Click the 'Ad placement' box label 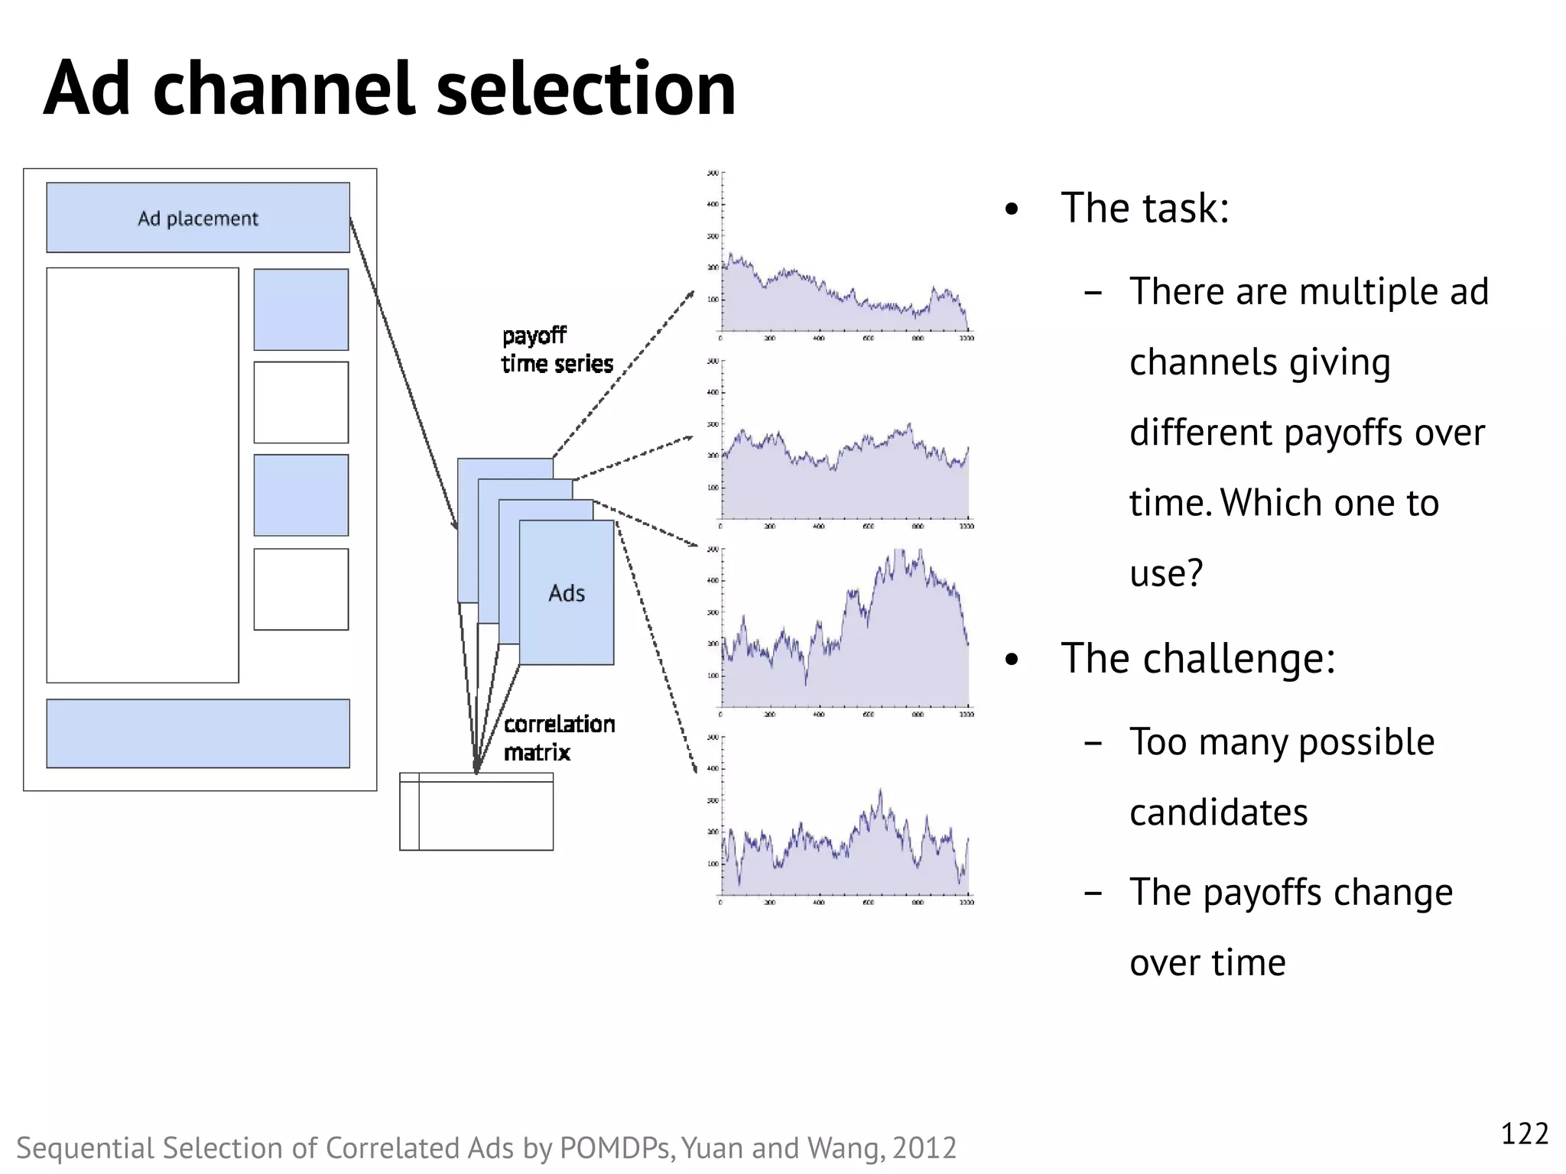197,219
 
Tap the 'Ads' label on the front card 566,593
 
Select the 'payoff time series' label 557,350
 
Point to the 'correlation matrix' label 558,738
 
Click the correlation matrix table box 476,812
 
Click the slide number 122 1524,1133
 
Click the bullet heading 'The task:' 1144,208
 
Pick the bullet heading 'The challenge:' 1197,658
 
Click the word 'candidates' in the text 1218,812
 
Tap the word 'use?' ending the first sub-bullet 1166,572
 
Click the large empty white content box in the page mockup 142,475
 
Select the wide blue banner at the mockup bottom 197,733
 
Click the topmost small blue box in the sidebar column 301,310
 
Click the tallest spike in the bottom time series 880,792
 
